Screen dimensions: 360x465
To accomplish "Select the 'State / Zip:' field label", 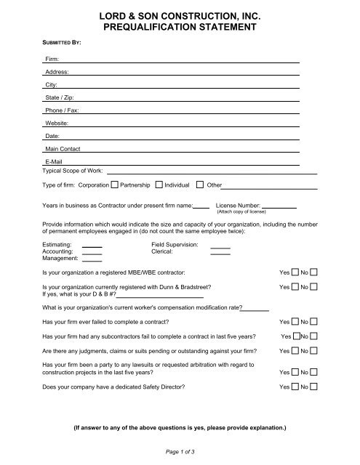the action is coord(59,98).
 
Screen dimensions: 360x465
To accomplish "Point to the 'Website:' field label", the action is coord(57,124).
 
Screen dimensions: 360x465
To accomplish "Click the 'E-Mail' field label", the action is coord(54,161).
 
